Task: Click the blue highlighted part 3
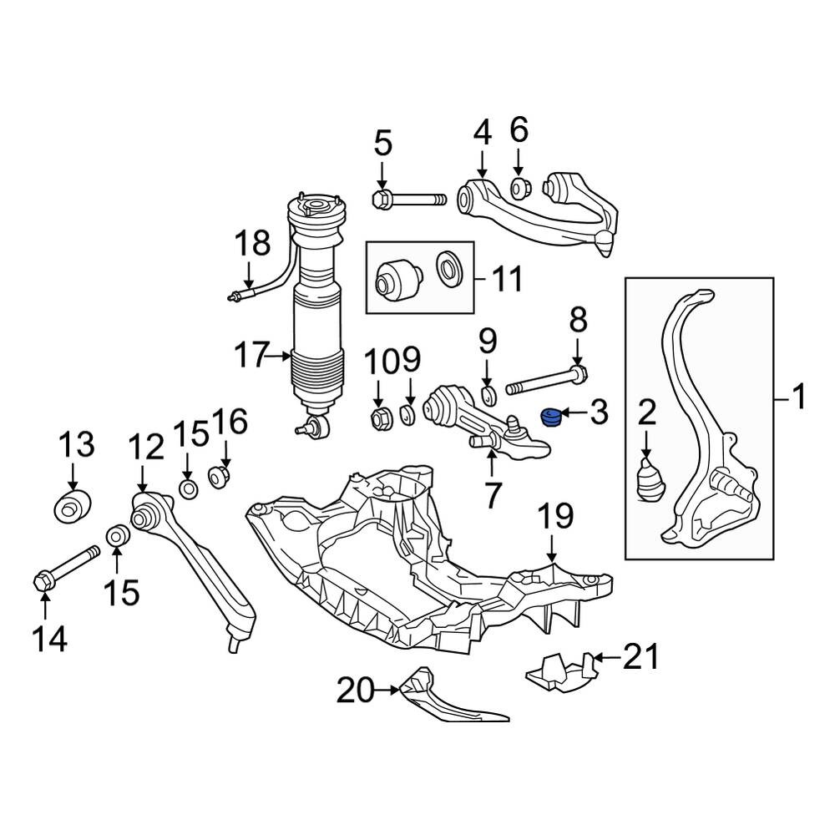[550, 416]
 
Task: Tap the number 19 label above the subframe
[555, 515]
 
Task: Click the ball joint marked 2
[650, 481]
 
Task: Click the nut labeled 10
[378, 419]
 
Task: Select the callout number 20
[355, 691]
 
